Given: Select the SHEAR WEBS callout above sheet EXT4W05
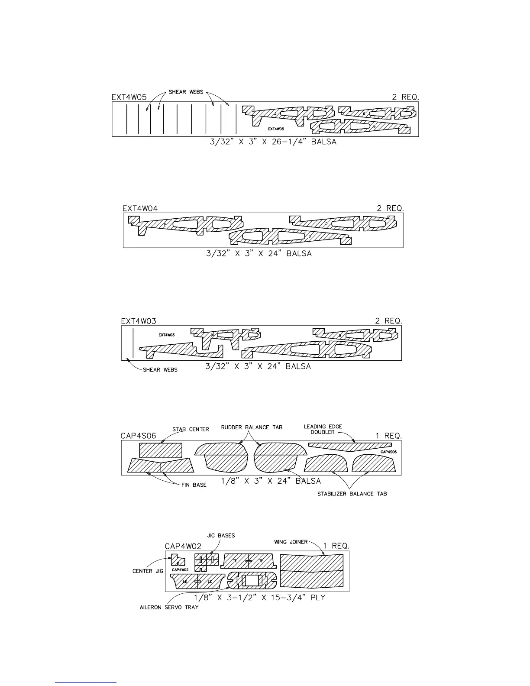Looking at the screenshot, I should (186, 92).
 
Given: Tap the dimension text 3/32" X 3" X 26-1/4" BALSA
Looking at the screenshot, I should (270, 142).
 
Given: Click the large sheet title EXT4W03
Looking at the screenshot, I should (139, 321).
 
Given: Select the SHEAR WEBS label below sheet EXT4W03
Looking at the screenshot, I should (160, 370).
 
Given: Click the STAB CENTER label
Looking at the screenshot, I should (191, 429).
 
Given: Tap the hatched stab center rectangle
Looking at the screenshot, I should (161, 450).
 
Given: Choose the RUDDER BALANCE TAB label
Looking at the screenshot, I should (252, 427).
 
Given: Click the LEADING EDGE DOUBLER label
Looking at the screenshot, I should (323, 429).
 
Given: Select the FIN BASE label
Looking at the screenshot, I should (194, 485).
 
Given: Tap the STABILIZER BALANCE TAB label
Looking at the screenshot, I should (352, 494).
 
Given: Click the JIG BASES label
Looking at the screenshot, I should (221, 535).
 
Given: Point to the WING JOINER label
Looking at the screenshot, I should (291, 542).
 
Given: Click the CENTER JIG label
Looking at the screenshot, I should (148, 571).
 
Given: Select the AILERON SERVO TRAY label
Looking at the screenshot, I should (169, 607).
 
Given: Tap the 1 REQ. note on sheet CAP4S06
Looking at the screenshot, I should (388, 436).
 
